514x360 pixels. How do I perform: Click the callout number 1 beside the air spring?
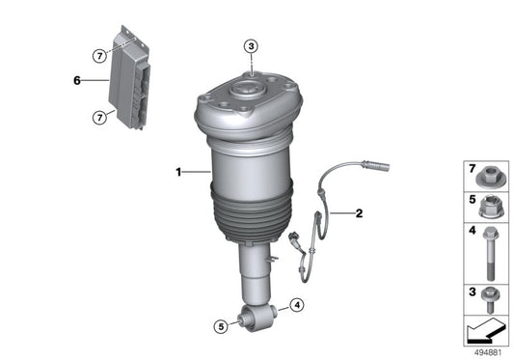(x=178, y=173)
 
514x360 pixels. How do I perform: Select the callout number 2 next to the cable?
(x=358, y=213)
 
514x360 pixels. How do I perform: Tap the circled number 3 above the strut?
(x=251, y=46)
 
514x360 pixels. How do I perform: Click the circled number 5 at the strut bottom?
(x=219, y=326)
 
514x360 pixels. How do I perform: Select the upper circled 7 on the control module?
(x=99, y=56)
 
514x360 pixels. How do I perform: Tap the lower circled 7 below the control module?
(x=99, y=117)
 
